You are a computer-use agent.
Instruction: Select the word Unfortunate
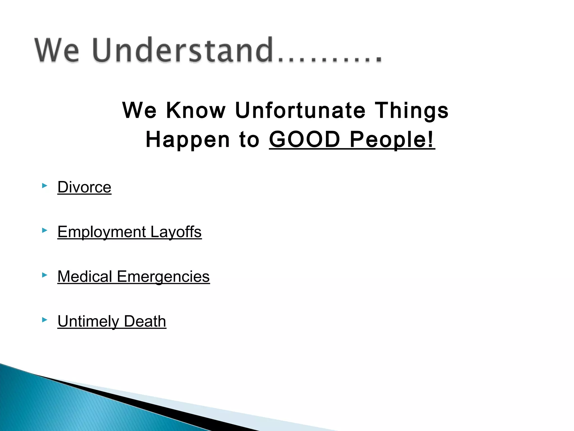(x=300, y=110)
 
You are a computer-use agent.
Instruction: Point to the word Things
(x=411, y=110)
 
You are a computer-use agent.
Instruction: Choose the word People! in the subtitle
(x=392, y=139)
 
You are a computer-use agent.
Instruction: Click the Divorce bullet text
(x=84, y=187)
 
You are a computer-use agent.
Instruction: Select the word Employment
(x=102, y=232)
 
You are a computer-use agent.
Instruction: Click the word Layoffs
(x=176, y=232)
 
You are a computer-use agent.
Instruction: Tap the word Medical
(x=85, y=277)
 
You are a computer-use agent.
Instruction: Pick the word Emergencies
(x=163, y=277)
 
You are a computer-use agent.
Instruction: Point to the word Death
(x=145, y=321)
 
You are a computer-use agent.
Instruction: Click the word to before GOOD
(x=249, y=139)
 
